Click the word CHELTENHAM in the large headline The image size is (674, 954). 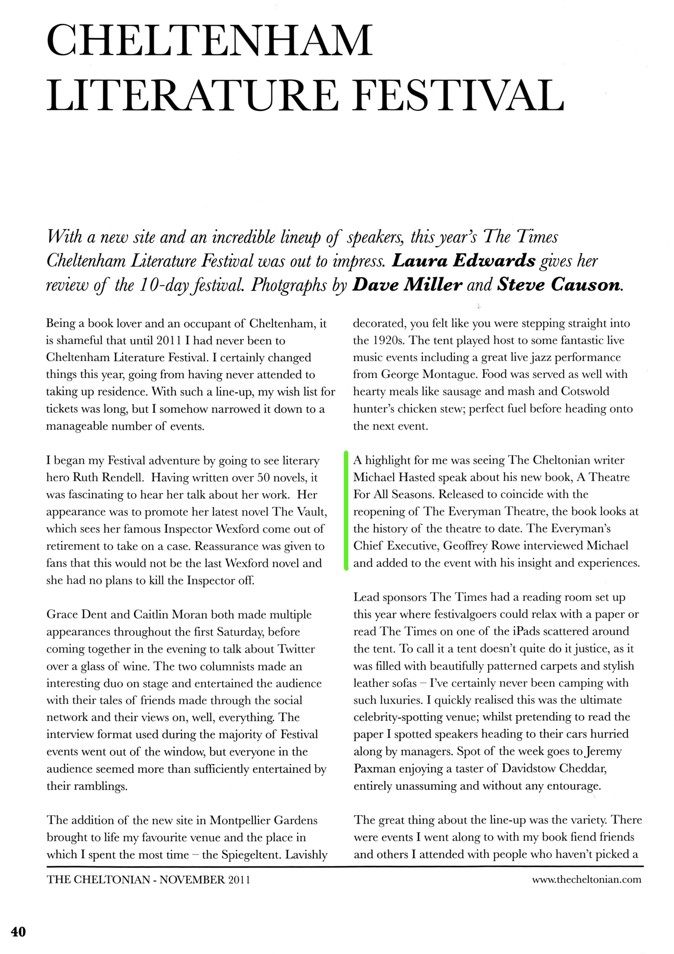pyautogui.click(x=210, y=40)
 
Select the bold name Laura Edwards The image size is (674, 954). pyautogui.click(x=464, y=261)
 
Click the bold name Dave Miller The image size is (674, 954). pyautogui.click(x=407, y=285)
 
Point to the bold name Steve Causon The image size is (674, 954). pyautogui.click(x=559, y=285)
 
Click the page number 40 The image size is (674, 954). pyautogui.click(x=18, y=932)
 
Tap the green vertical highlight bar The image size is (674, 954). pyautogui.click(x=346, y=511)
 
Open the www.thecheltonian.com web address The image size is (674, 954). pyautogui.click(x=586, y=879)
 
